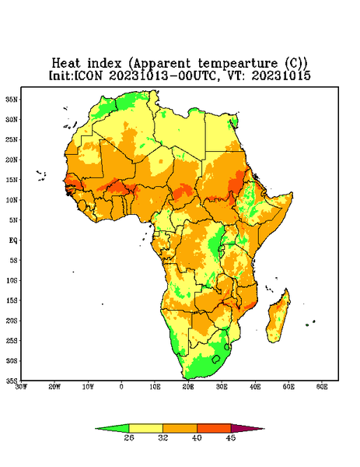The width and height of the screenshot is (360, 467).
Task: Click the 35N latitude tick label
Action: point(12,99)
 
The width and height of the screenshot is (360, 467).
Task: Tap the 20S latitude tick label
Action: point(12,321)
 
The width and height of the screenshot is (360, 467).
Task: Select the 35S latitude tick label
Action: point(12,381)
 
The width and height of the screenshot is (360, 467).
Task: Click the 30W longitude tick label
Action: point(21,387)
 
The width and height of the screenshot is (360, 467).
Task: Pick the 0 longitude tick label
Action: point(121,387)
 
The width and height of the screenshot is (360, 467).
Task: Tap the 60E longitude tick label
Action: point(322,387)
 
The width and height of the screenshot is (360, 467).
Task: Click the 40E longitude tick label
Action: point(255,387)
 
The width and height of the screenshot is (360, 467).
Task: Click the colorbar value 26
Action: point(129,437)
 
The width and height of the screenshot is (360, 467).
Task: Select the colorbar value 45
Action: point(231,437)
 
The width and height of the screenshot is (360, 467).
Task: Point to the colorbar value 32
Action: point(163,437)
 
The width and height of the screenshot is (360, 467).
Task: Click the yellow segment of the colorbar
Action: point(145,429)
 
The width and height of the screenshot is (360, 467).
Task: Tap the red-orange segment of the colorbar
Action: point(214,429)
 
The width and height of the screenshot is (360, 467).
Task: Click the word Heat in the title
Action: point(66,64)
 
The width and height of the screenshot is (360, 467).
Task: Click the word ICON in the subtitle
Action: point(88,75)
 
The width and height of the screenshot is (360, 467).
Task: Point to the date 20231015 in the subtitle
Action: point(281,75)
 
